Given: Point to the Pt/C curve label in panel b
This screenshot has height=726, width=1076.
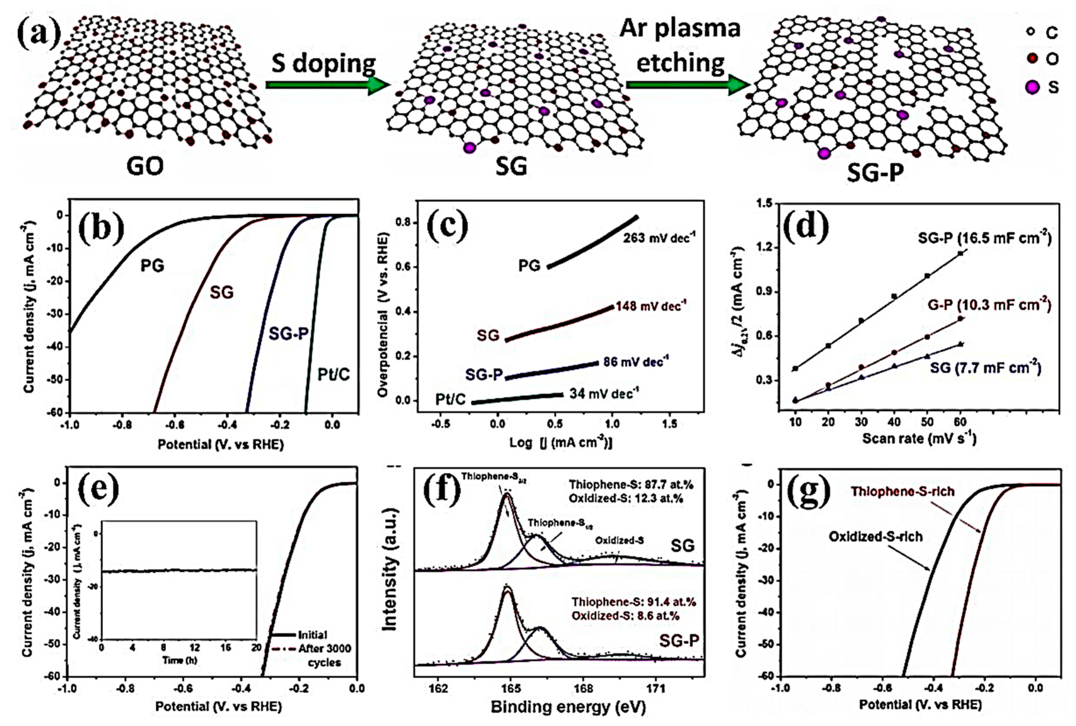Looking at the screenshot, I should click(x=333, y=374).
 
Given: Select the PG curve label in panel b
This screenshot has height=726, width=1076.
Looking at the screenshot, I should click(x=152, y=266).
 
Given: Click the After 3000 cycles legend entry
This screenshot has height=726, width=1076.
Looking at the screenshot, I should click(x=324, y=655).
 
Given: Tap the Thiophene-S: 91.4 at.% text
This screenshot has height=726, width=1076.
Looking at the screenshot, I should click(x=633, y=602).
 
